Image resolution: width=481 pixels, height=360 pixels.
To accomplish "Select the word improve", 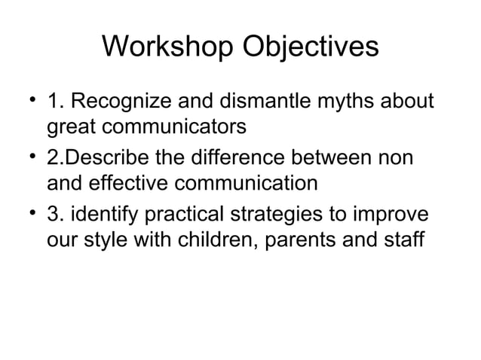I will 400,217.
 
